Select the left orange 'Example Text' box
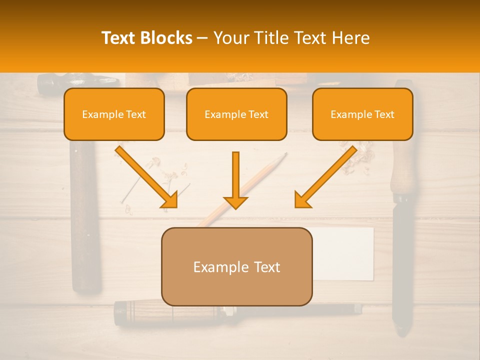pyautogui.click(x=114, y=114)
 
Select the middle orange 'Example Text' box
pyautogui.click(x=236, y=114)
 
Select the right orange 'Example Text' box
pyautogui.click(x=362, y=114)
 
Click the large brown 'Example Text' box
pyautogui.click(x=236, y=266)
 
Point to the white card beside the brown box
pyautogui.click(x=345, y=252)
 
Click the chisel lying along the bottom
pyautogui.click(x=150, y=313)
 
